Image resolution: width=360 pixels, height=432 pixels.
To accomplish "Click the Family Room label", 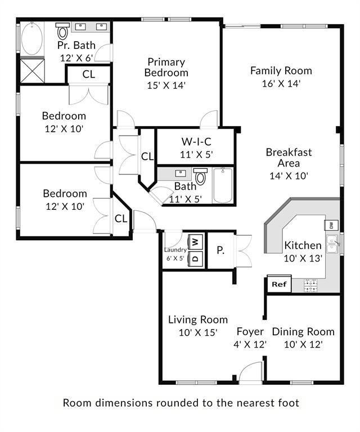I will pos(281,71).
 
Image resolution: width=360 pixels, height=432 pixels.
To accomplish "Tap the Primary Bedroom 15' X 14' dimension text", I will pos(166,85).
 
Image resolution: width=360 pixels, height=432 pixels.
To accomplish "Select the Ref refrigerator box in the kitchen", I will pos(279,284).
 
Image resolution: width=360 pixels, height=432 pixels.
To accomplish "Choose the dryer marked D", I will pos(195,258).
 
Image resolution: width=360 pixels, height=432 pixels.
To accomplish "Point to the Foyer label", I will pos(250,331).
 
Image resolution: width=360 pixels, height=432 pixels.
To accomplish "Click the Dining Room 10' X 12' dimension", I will pos(303,344).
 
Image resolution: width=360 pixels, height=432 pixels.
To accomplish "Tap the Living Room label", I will pos(198,319).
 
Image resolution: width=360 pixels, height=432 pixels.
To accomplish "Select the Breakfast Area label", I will pos(289,157).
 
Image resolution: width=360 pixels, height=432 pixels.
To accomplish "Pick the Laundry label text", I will pos(175,250).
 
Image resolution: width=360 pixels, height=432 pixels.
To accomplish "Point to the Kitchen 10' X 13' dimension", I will pos(303,258).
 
